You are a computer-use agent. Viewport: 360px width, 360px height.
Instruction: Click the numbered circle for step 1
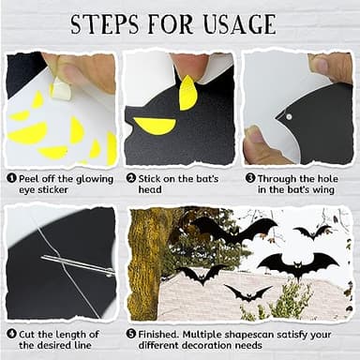pos(11,177)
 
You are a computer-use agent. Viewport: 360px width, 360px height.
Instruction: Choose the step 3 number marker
pos(250,177)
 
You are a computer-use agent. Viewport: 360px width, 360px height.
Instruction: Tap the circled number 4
pos(11,332)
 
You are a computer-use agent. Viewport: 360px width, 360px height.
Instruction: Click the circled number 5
pos(131,332)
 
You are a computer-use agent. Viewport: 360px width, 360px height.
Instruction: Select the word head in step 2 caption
pos(151,190)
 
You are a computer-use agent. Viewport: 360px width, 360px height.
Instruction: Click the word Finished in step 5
pos(164,332)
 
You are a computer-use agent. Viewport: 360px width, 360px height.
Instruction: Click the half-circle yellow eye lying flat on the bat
pos(156,125)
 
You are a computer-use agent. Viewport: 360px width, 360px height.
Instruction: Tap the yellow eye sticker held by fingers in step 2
pos(188,92)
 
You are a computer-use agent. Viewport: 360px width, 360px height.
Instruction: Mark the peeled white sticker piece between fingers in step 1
pos(62,87)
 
